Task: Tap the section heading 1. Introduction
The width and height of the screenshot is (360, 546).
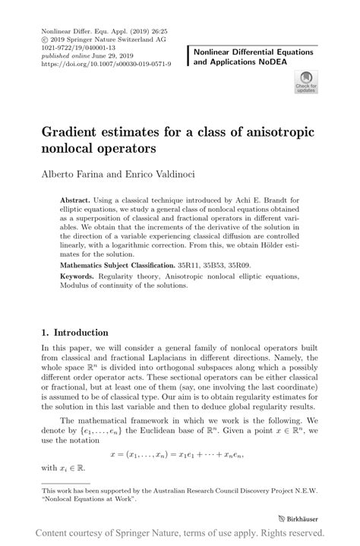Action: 74,332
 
